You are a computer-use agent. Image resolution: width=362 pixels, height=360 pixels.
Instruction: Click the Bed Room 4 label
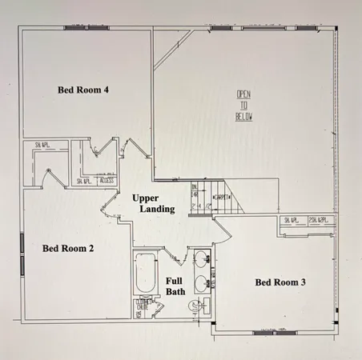pos(83,89)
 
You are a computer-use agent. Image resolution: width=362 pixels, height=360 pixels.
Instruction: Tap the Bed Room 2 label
pos(68,248)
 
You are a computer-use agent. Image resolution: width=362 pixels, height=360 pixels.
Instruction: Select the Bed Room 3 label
pos(280,282)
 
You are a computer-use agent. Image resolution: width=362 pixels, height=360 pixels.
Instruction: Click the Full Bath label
pos(175,286)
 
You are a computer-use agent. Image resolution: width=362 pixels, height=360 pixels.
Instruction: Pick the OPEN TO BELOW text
pos(243,106)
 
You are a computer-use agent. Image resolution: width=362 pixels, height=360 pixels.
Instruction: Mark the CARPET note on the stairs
pos(220,195)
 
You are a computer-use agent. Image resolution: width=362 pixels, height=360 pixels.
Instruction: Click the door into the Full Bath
pos(175,258)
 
